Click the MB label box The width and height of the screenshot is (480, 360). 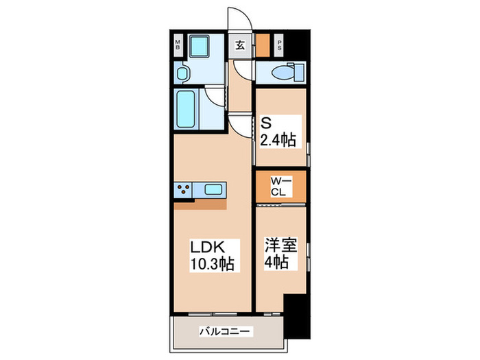pyautogui.click(x=178, y=47)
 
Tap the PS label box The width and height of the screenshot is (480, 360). pyautogui.click(x=280, y=47)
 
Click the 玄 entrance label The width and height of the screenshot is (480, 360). pyautogui.click(x=241, y=46)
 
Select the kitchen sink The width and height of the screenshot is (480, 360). pyautogui.click(x=213, y=189)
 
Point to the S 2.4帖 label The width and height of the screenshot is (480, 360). pyautogui.click(x=278, y=132)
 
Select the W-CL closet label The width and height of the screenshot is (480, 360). pyautogui.click(x=279, y=186)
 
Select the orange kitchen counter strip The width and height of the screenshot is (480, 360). pyautogui.click(x=200, y=203)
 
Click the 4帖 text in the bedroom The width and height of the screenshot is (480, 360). pyautogui.click(x=279, y=263)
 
